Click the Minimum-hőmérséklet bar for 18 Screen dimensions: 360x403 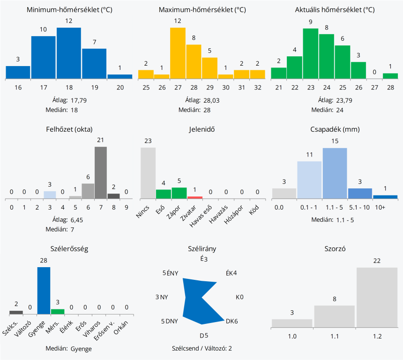point(69,53)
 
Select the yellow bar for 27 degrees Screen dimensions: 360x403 point(178,53)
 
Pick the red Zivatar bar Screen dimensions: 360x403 point(194,197)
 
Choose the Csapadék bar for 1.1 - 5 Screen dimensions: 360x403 point(335,173)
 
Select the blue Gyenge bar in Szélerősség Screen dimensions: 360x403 point(44,290)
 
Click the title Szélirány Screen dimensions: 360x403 point(202,249)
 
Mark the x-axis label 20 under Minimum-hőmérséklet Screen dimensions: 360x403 point(119,88)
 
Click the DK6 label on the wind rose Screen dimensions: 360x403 point(232,321)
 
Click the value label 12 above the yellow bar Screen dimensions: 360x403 point(178,21)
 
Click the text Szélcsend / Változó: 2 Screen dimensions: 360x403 point(202,348)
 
